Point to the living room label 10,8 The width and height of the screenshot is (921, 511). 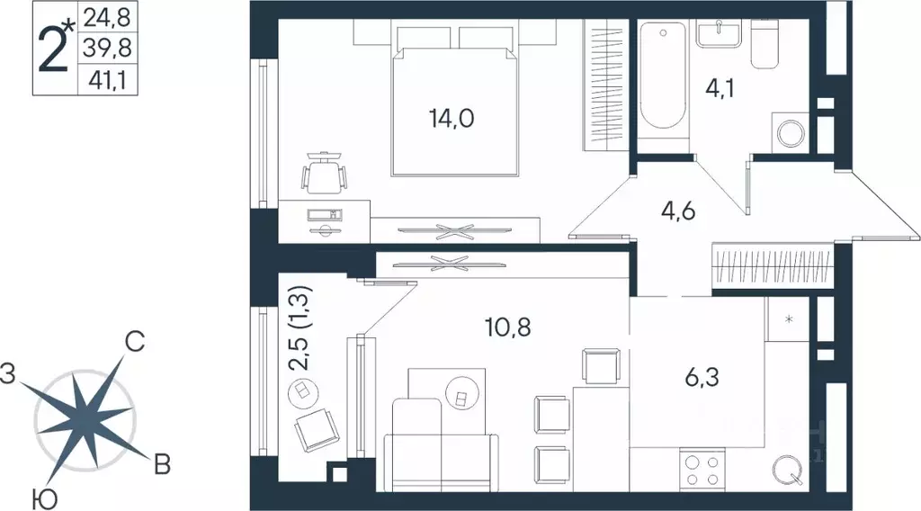[x=509, y=327]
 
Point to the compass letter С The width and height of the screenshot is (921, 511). [x=134, y=342]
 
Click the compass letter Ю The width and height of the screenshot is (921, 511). [x=40, y=497]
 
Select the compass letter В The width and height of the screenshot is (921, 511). [x=162, y=464]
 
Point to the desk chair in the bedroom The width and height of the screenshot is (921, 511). [x=323, y=173]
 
